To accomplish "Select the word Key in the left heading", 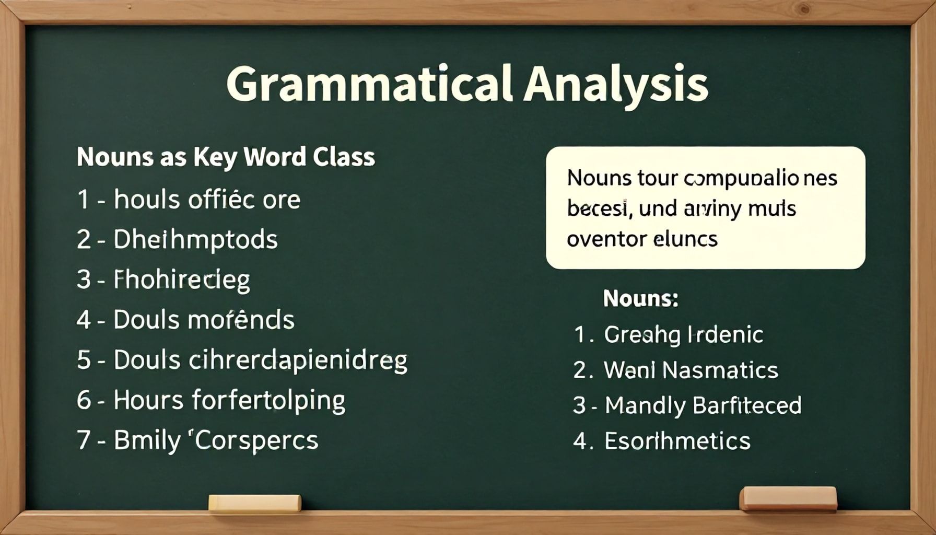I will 215,157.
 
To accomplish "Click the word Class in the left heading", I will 344,157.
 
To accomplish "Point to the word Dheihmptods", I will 195,240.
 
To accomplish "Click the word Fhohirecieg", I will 182,280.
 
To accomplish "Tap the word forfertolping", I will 268,401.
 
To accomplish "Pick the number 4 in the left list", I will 84,320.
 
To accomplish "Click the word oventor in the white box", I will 605,240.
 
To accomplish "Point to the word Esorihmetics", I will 677,441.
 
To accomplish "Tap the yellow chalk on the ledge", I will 255,503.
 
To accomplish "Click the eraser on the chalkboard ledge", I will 788,498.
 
